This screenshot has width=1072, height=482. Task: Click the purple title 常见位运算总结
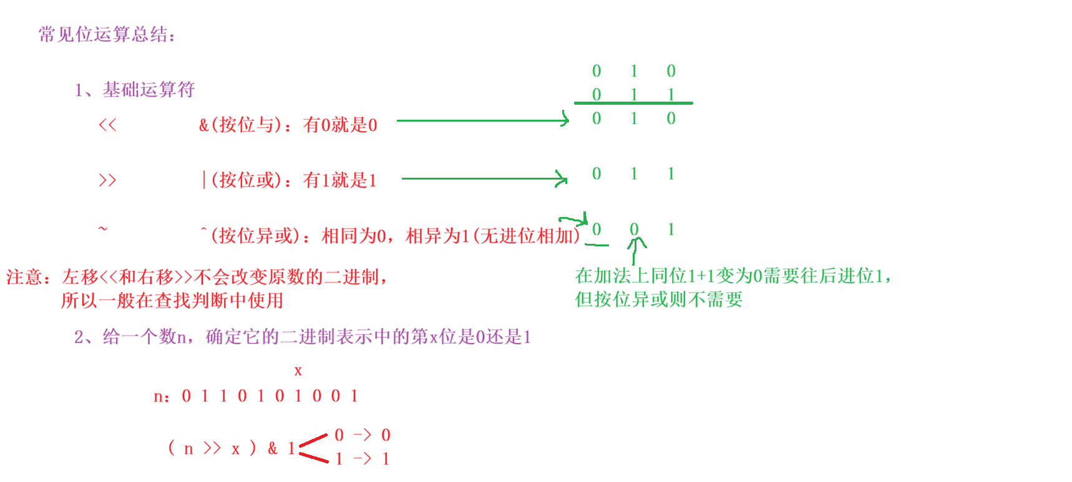(x=106, y=34)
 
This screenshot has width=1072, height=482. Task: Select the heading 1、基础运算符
(x=134, y=90)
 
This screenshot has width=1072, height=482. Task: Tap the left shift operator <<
(x=107, y=125)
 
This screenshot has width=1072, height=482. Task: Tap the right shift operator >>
(x=107, y=180)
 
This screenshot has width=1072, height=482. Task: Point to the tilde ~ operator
(x=103, y=229)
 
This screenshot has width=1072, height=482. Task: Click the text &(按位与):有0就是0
(x=288, y=125)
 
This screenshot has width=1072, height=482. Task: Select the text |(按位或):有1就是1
(x=289, y=180)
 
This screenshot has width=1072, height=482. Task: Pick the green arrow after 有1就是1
(x=484, y=178)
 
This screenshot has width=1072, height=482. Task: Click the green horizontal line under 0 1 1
(x=633, y=103)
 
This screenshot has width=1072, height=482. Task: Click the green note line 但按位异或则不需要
(x=658, y=300)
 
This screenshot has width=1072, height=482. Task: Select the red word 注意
(x=24, y=277)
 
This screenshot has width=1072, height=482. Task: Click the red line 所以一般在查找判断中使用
(x=172, y=301)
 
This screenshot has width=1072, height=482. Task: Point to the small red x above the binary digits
(x=298, y=371)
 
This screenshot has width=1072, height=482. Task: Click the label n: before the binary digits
(x=162, y=397)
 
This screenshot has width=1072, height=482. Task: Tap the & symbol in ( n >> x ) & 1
(x=273, y=448)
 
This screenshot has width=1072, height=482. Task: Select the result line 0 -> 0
(x=362, y=435)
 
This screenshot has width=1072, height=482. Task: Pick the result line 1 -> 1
(x=362, y=459)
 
